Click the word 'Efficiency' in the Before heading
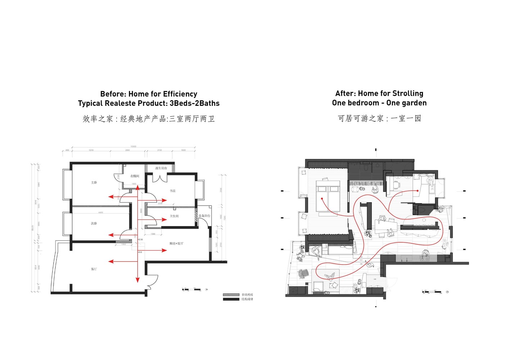click(180, 94)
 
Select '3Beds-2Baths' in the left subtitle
click(194, 103)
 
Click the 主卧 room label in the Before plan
click(94, 183)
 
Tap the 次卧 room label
click(94, 224)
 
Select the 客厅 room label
click(94, 269)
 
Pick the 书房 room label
click(173, 191)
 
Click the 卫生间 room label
click(174, 216)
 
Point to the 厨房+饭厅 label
click(176, 243)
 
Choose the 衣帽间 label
click(135, 176)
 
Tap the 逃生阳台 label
click(161, 168)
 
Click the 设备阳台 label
click(204, 216)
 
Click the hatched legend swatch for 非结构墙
click(231, 295)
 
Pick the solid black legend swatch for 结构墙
click(231, 299)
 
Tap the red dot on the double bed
click(322, 198)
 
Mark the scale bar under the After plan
click(432, 292)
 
